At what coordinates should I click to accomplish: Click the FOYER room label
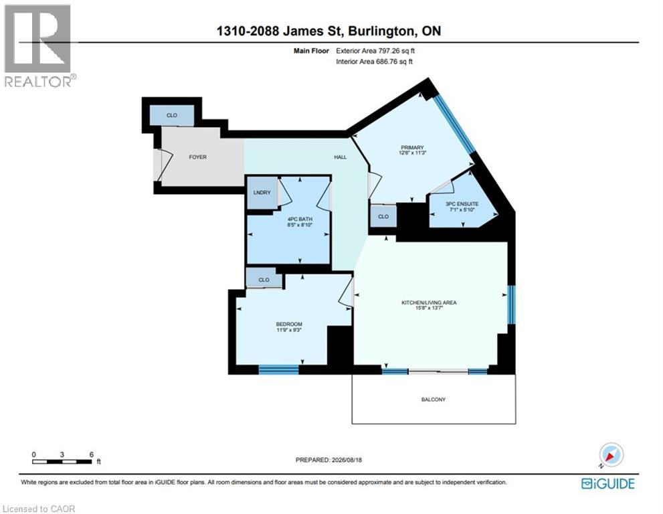pos(197,157)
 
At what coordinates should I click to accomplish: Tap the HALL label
pos(341,157)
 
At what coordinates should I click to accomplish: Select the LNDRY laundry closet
pos(262,193)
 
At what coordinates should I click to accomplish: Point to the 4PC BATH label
pos(300,222)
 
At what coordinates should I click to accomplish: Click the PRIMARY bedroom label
pos(412,150)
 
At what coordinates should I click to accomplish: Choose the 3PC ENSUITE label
pos(462,206)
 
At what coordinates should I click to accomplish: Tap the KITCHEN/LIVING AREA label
pos(429,305)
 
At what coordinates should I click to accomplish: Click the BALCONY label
pos(434,400)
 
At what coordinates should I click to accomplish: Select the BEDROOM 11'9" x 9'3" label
pos(289,327)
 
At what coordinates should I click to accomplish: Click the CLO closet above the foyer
pos(172,115)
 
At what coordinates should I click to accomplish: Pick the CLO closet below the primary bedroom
pos(383,217)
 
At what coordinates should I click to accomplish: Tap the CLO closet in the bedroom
pos(264,280)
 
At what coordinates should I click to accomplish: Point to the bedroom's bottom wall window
pos(278,369)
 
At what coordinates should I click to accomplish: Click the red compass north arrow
pos(610,456)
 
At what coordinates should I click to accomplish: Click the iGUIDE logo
pos(607,483)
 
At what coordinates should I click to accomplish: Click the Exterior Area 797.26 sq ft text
pos(375,51)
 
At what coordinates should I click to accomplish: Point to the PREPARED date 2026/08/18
pos(328,460)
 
